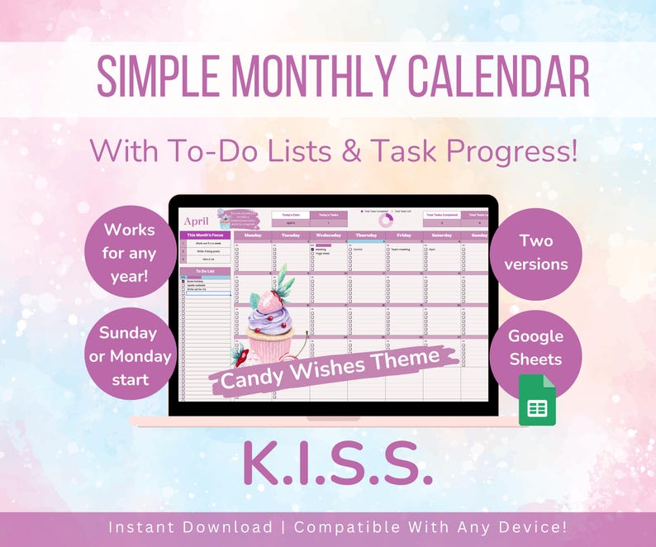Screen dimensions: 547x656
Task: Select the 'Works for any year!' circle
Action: click(x=128, y=252)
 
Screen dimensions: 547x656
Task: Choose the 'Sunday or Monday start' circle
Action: click(x=128, y=356)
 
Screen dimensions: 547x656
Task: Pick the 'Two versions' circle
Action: click(x=535, y=252)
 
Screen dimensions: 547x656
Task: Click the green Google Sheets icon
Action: click(x=537, y=401)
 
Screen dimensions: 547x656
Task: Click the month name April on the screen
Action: click(x=197, y=221)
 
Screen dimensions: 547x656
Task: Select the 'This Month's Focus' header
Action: click(x=205, y=235)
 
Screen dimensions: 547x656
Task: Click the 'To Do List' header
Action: click(x=205, y=271)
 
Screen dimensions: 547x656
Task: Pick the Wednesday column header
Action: click(x=329, y=235)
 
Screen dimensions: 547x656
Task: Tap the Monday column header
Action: click(x=253, y=235)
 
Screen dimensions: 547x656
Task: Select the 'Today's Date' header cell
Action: click(x=289, y=215)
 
